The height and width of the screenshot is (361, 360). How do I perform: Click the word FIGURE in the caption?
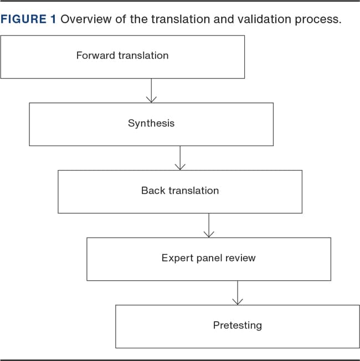[23, 19]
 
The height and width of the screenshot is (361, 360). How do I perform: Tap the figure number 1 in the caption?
[53, 19]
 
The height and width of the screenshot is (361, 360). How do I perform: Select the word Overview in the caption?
[86, 19]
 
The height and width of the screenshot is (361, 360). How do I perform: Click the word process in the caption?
[318, 19]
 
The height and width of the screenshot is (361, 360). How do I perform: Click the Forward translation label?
[122, 55]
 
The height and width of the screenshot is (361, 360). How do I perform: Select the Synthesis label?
[151, 123]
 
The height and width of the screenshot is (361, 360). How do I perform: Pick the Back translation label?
[180, 190]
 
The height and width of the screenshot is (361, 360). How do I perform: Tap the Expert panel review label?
[208, 258]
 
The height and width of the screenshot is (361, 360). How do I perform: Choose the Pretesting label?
[238, 326]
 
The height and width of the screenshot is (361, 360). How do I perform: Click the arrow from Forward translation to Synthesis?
[151, 90]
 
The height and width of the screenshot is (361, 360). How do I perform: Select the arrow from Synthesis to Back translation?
[180, 158]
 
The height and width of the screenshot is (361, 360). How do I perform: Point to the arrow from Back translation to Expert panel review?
[209, 225]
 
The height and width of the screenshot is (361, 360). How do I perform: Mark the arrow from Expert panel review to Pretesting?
[238, 293]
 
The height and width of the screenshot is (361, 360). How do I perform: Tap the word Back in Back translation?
[153, 190]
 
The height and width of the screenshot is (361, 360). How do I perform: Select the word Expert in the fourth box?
[178, 259]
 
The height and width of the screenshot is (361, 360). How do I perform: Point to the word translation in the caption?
[181, 19]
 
